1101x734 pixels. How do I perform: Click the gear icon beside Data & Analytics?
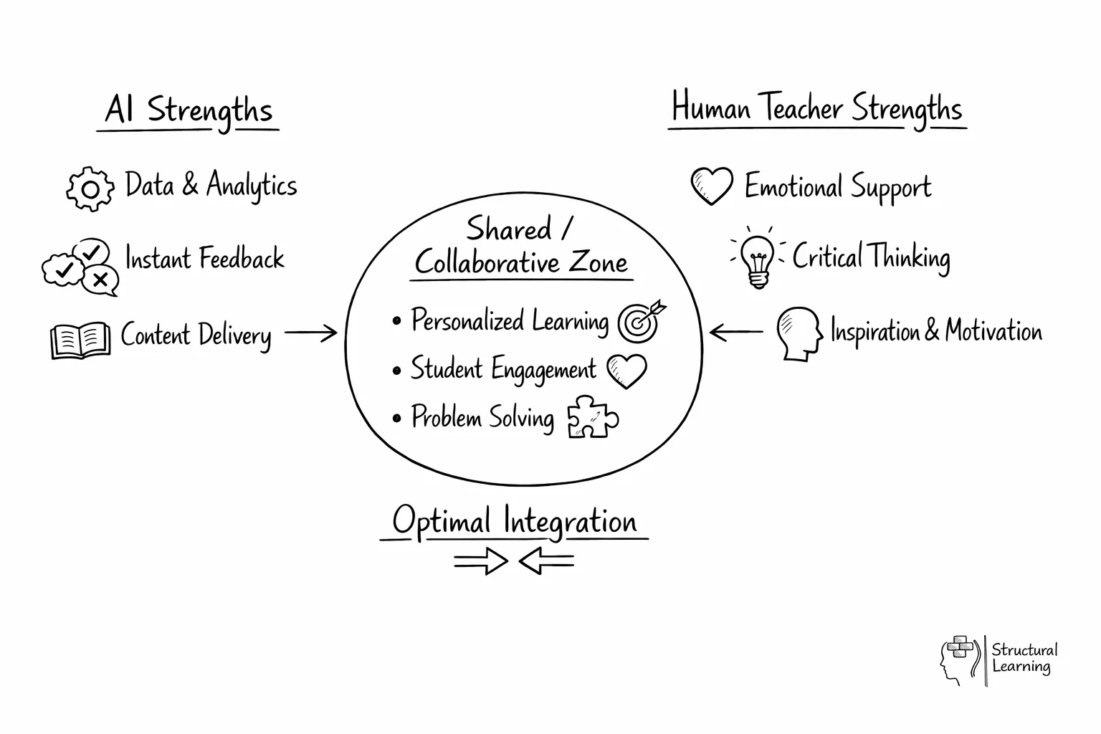pyautogui.click(x=90, y=189)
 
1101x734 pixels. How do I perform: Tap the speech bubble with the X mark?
pyautogui.click(x=100, y=279)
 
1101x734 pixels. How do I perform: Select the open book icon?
pyautogui.click(x=80, y=340)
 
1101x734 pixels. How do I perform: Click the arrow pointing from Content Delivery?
pyautogui.click(x=310, y=333)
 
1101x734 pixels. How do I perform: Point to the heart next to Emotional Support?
pyautogui.click(x=711, y=186)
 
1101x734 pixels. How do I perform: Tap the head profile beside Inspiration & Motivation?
pyautogui.click(x=799, y=333)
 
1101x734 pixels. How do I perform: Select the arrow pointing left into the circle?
pyautogui.click(x=736, y=332)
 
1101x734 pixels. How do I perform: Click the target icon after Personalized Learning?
pyautogui.click(x=640, y=322)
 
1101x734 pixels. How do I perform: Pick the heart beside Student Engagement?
pyautogui.click(x=626, y=371)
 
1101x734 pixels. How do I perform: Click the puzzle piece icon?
pyautogui.click(x=592, y=417)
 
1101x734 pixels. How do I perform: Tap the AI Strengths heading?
pyautogui.click(x=189, y=111)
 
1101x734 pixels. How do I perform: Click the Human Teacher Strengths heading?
pyautogui.click(x=816, y=109)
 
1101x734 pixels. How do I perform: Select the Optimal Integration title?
pyautogui.click(x=514, y=521)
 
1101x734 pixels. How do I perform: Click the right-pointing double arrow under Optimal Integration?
pyautogui.click(x=480, y=561)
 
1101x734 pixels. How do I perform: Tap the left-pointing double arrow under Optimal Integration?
pyautogui.click(x=546, y=561)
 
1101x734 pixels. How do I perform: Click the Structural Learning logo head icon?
pyautogui.click(x=959, y=659)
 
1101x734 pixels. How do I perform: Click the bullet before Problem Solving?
pyautogui.click(x=397, y=418)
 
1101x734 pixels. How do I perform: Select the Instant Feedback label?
pyautogui.click(x=204, y=259)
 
